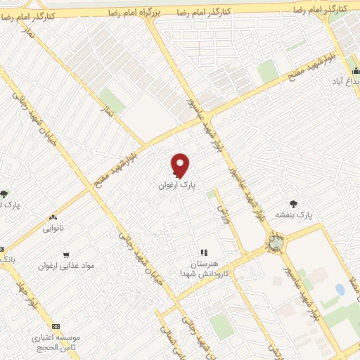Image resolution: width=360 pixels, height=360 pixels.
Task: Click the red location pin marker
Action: coord(181,165)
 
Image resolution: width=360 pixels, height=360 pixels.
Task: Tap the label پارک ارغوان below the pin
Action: coord(176,186)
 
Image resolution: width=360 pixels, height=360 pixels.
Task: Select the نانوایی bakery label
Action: coord(53,228)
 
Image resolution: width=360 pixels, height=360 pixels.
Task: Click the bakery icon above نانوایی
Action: coord(53,218)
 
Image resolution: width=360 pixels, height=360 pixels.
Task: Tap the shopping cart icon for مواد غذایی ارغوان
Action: coord(67,255)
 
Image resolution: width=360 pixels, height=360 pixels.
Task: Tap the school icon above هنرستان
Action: coord(204,252)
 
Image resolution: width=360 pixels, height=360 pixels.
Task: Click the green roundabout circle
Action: coord(275,243)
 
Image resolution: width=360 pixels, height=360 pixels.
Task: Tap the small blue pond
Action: coord(340,290)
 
